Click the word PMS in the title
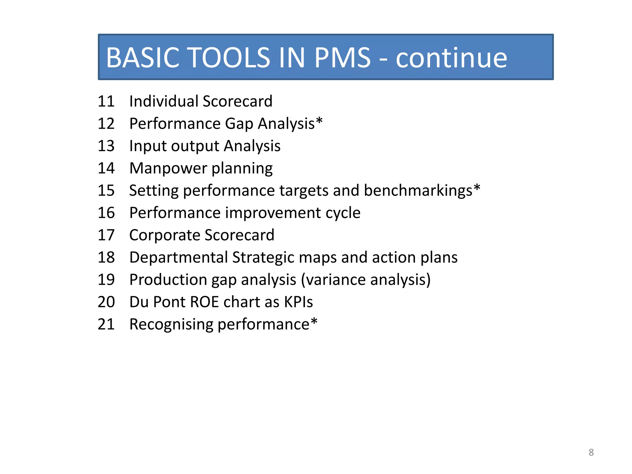tap(342, 58)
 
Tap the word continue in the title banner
tap(451, 58)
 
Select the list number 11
tap(106, 101)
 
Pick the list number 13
tap(106, 146)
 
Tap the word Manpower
tap(168, 168)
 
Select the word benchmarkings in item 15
tap(418, 191)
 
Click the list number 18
tap(106, 257)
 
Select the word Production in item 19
tap(168, 280)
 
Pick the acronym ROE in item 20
tap(204, 302)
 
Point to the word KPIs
tap(298, 302)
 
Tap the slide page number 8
tap(591, 452)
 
